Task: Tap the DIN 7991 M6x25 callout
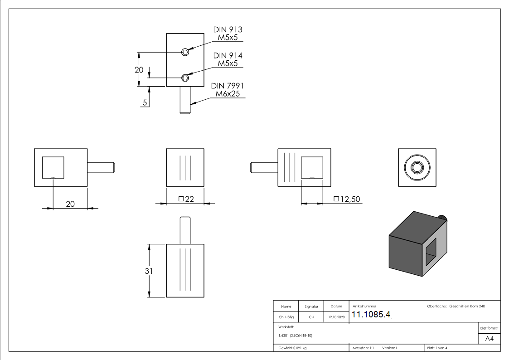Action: click(x=228, y=90)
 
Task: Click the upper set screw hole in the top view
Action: click(x=185, y=52)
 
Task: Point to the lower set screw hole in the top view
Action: click(x=185, y=78)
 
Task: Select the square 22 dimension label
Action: click(x=186, y=199)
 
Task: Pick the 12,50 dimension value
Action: click(x=344, y=199)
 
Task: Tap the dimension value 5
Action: click(x=145, y=102)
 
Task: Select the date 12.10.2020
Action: click(x=336, y=317)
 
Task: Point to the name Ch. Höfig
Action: click(x=286, y=317)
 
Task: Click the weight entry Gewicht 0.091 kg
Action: click(x=292, y=348)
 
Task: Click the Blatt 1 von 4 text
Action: click(x=437, y=348)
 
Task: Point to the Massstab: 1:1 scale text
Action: click(x=363, y=348)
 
